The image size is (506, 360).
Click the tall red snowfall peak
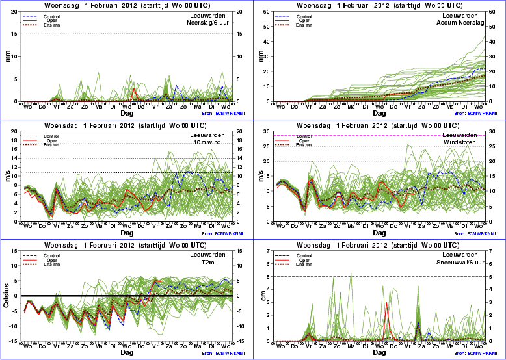(x=386, y=303)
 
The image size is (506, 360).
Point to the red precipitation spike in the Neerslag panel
(x=134, y=88)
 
